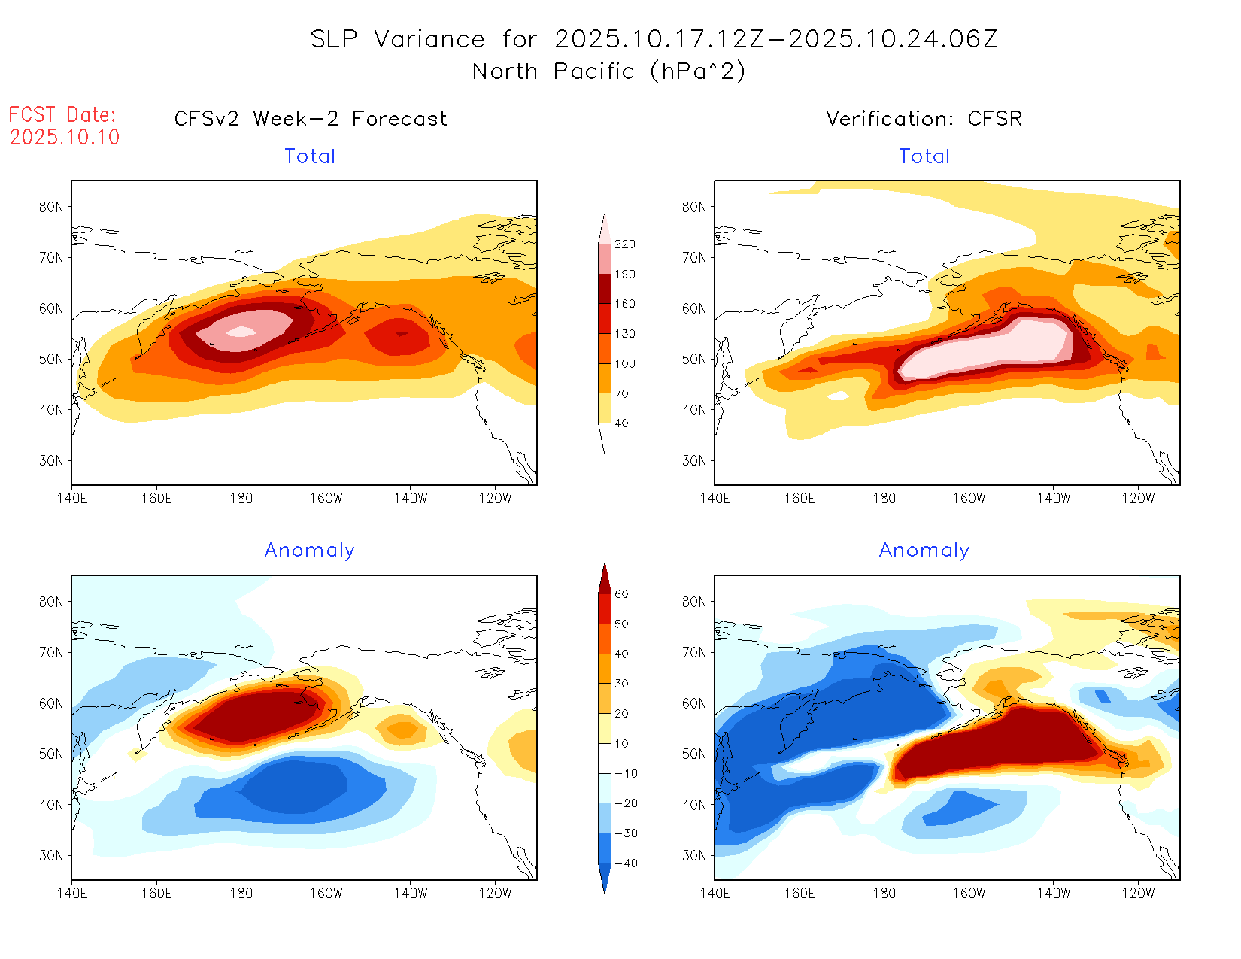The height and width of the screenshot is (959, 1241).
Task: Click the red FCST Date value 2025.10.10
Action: coord(65,137)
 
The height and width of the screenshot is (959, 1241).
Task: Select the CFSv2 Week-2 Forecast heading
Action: coord(311,119)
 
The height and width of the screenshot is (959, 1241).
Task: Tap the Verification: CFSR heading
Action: coord(924,119)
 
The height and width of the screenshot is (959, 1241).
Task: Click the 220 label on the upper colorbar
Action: coord(624,244)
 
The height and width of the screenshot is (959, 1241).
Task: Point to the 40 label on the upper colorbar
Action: coord(621,423)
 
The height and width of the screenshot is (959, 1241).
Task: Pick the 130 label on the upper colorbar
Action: coord(624,334)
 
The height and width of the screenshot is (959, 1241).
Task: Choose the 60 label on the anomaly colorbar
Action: coord(621,594)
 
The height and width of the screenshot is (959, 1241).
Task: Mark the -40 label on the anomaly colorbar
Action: coord(625,863)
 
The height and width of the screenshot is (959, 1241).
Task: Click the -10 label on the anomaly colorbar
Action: coord(625,774)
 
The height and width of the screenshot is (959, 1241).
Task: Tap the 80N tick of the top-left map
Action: coord(51,207)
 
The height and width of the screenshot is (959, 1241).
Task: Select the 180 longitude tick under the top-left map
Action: coord(241,498)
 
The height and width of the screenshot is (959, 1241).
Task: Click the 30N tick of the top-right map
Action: coord(694,460)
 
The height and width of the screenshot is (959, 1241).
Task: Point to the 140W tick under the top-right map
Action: coord(1053,498)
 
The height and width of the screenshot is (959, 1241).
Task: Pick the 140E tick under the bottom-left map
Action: coord(72,893)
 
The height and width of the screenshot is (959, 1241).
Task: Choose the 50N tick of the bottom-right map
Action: coord(694,754)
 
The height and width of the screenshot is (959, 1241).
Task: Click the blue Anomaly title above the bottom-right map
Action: coord(924,551)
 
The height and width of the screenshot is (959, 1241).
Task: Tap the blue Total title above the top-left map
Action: coord(310,156)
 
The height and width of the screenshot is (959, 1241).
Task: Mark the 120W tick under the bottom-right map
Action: coord(1138,893)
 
